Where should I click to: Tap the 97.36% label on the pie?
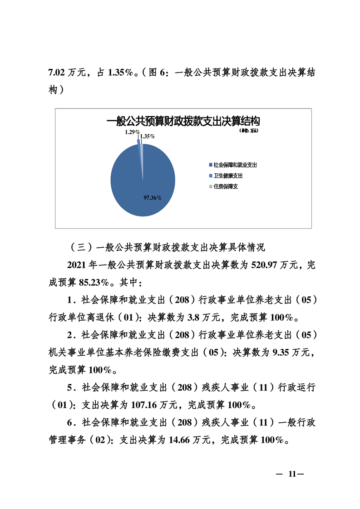point(153,198)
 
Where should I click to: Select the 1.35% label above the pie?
point(148,136)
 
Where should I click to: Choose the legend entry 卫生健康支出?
point(228,176)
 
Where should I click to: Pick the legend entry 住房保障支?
point(226,186)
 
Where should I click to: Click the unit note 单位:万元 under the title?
point(249,131)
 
